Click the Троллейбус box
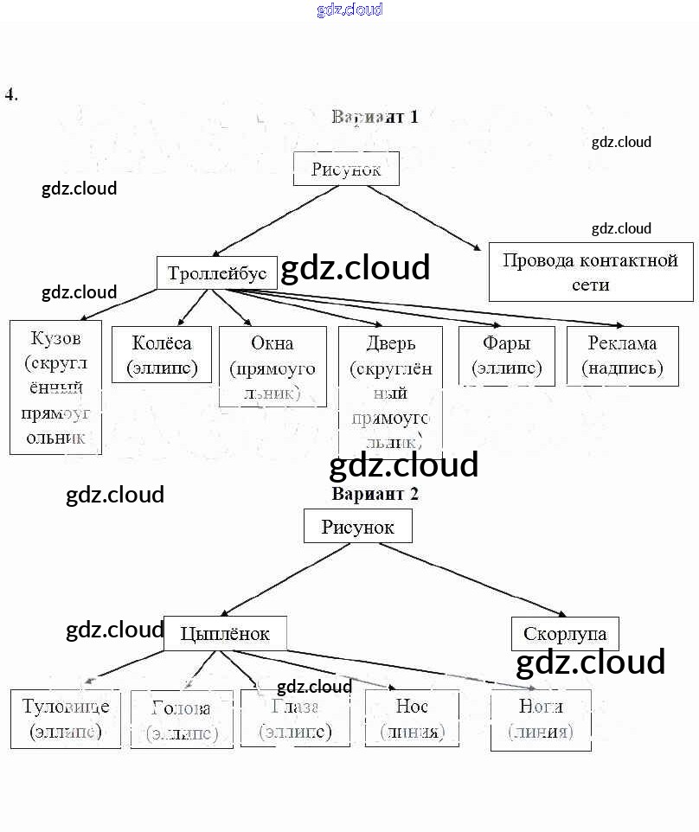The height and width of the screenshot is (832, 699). (x=217, y=273)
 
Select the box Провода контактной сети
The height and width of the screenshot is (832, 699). (x=591, y=272)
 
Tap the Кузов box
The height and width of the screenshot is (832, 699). (x=55, y=387)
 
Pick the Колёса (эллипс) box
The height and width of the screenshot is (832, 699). (x=162, y=355)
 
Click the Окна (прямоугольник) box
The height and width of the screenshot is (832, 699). (x=273, y=367)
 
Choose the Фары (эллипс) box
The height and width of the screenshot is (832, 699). (x=507, y=355)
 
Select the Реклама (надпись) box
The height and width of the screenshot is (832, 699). (x=622, y=355)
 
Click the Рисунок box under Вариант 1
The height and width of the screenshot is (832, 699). (x=346, y=169)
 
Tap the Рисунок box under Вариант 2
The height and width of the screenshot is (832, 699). (x=357, y=526)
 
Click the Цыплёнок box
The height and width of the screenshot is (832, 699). (x=225, y=634)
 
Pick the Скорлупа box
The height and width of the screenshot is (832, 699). (x=565, y=634)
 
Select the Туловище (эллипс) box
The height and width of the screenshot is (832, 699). (x=65, y=719)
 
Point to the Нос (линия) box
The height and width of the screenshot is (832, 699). (x=412, y=719)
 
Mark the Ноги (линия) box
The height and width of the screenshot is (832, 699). (x=541, y=719)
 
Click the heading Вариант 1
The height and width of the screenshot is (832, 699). (x=375, y=117)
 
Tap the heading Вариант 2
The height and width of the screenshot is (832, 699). (x=375, y=494)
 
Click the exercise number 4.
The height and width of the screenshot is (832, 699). (x=11, y=94)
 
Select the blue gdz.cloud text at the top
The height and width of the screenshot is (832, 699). (x=349, y=10)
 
